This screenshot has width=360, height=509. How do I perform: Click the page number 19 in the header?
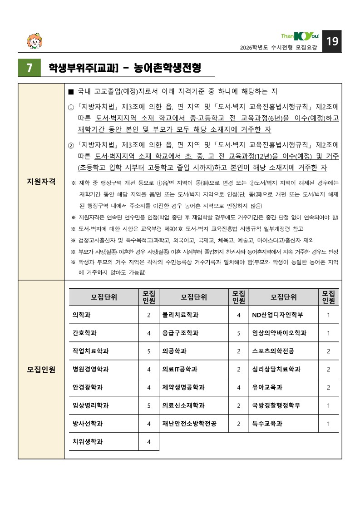pyautogui.click(x=332, y=42)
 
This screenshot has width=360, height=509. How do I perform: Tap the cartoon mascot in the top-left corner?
pyautogui.click(x=34, y=41)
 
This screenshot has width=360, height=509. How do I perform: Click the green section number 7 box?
pyautogui.click(x=29, y=68)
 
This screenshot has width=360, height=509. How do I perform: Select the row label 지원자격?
pyautogui.click(x=41, y=182)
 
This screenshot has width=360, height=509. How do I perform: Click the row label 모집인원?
pyautogui.click(x=41, y=370)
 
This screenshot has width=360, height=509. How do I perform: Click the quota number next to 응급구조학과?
pyautogui.click(x=238, y=333)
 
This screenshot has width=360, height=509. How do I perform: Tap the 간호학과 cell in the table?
pyautogui.click(x=84, y=333)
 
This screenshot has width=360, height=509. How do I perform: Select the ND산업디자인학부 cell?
pyautogui.click(x=278, y=315)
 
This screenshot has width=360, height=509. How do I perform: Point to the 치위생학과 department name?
pyautogui.click(x=88, y=441)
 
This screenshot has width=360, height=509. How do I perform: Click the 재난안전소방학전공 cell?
pyautogui.click(x=189, y=423)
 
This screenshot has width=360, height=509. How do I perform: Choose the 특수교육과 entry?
pyautogui.click(x=267, y=423)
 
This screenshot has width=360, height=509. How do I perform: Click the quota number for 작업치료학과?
pyautogui.click(x=148, y=351)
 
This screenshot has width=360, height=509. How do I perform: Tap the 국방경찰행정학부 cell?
pyautogui.click(x=276, y=405)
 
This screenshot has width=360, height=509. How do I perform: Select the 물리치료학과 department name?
pyautogui.click(x=180, y=315)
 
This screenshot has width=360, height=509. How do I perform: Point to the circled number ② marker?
pyautogui.click(x=70, y=145)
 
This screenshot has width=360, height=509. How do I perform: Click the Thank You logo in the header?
pyautogui.click(x=301, y=36)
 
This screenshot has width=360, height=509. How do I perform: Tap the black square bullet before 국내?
pyautogui.click(x=70, y=92)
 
